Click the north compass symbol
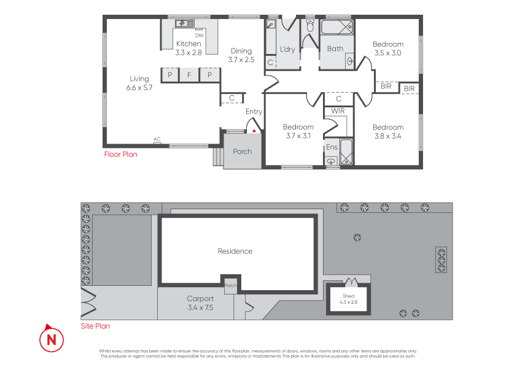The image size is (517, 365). (x=52, y=338)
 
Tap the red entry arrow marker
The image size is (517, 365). (x=254, y=129)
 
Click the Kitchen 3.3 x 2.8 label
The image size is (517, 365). (x=189, y=48)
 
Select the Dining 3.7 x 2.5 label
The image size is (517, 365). (x=241, y=55)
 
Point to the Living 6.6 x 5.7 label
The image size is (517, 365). (x=139, y=83)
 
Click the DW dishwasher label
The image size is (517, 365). (x=199, y=36)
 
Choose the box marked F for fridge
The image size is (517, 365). (x=189, y=75)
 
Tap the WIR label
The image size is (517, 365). (x=338, y=111)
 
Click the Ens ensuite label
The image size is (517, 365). (x=332, y=147)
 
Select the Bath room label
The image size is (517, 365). (x=335, y=48)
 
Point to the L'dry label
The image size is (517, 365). (x=287, y=49)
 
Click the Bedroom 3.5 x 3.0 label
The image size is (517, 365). (x=388, y=48)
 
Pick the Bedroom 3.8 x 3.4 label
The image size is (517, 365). (x=388, y=131)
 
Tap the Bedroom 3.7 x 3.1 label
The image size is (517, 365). (x=298, y=131)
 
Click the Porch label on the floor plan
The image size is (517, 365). (x=243, y=152)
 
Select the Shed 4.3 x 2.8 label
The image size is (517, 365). (x=348, y=299)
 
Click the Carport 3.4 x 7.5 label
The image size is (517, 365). (x=200, y=303)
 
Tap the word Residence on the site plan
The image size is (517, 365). (x=235, y=251)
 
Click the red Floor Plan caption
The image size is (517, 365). (x=120, y=155)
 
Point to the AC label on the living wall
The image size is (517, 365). (x=157, y=139)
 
